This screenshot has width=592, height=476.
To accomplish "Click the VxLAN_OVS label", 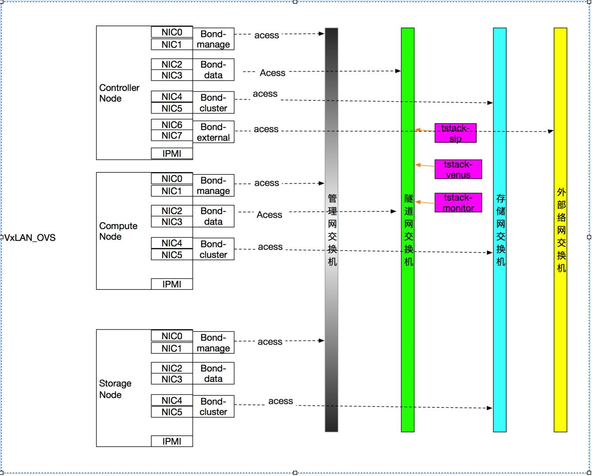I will tap(30, 238).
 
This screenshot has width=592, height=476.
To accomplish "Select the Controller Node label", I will tap(119, 93).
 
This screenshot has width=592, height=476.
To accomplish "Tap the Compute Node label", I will tap(118, 231).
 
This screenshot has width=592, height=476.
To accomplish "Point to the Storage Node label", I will tap(115, 389).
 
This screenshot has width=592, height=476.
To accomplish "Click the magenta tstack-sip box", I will tap(455, 133).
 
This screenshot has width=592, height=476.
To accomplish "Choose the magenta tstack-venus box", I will tap(458, 169).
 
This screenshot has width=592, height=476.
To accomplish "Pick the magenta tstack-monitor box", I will tap(458, 203).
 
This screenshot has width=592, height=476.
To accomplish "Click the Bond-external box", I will tap(213, 132).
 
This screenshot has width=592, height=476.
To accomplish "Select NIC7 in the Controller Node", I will tap(172, 136).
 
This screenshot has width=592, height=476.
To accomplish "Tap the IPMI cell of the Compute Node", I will tap(172, 284).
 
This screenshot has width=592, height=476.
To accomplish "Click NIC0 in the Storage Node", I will tap(172, 336).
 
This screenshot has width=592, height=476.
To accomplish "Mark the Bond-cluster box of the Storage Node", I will tap(213, 406).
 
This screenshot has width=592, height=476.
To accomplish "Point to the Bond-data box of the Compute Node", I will tap(213, 216).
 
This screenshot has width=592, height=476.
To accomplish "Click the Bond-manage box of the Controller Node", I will tap(213, 39).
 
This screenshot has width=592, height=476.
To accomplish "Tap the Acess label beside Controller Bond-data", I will tap(272, 73).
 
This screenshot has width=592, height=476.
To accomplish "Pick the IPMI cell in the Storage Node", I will tap(172, 441).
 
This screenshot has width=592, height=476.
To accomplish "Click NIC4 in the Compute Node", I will tap(172, 243).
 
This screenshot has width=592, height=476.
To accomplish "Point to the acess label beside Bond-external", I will tap(266, 129).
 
